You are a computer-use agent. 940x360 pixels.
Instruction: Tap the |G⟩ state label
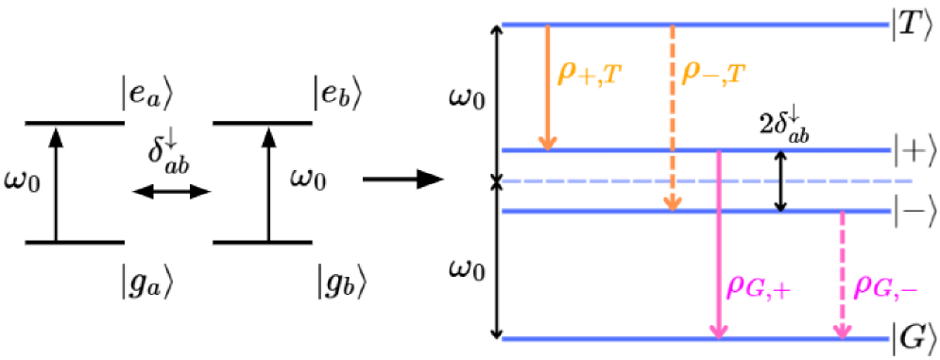click(914, 335)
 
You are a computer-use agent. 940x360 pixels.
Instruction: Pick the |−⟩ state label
click(914, 210)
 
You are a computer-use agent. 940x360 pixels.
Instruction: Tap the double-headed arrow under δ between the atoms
click(170, 193)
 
